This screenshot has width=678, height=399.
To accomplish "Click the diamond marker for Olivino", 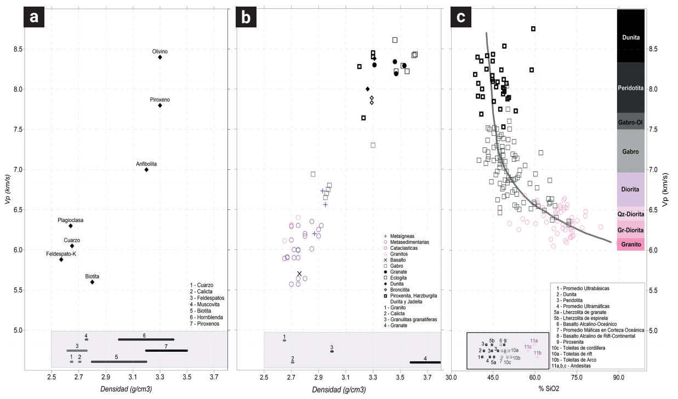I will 160,57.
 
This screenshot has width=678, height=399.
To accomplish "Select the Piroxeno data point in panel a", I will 160,105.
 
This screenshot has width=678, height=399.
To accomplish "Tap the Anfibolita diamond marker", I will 146,169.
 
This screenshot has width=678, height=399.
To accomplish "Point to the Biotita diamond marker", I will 92,282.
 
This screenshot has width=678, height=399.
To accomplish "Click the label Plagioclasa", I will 71,220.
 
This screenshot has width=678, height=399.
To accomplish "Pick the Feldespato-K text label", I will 61,254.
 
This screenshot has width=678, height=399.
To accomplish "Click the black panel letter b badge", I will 247,17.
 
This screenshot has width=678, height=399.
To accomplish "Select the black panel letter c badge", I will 461,17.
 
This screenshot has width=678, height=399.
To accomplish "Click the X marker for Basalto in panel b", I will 299,273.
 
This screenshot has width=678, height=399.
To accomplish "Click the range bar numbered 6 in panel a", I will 146,339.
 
